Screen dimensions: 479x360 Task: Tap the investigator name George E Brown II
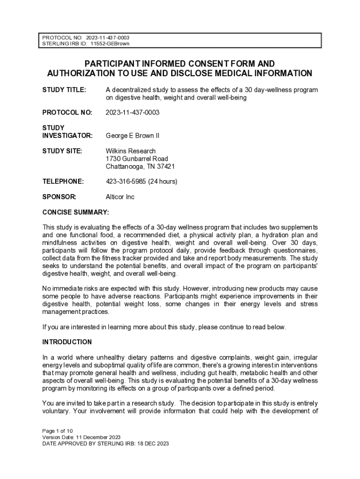click(x=132, y=136)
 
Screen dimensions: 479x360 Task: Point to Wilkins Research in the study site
click(x=130, y=151)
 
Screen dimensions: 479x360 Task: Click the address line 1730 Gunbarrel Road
click(x=137, y=159)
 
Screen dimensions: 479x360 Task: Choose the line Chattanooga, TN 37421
click(x=140, y=166)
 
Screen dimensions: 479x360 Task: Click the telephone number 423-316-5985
click(x=126, y=181)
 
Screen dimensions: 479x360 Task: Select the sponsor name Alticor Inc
click(x=120, y=197)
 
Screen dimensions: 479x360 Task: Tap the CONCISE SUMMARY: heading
click(x=75, y=212)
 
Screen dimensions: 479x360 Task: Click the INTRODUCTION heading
click(x=67, y=342)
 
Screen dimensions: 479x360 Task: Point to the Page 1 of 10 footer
click(x=57, y=430)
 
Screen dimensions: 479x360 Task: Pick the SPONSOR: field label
click(x=59, y=197)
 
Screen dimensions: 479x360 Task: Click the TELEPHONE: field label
click(x=63, y=181)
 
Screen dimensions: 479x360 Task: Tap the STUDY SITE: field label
click(x=62, y=151)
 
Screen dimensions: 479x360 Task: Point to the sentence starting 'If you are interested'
click(x=164, y=327)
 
